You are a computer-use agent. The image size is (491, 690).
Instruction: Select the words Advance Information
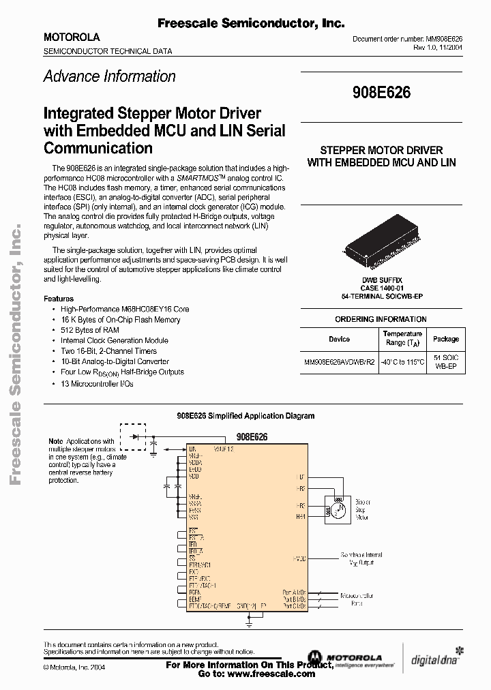(109, 76)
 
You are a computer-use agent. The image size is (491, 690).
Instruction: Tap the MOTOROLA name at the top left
(72, 37)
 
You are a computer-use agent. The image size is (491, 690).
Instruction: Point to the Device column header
(339, 340)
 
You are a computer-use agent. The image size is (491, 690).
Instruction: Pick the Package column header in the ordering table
(446, 340)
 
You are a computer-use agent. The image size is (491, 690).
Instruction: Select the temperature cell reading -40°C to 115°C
(402, 362)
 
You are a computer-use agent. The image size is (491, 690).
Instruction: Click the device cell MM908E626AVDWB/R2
(339, 362)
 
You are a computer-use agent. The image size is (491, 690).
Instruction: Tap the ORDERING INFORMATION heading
(381, 319)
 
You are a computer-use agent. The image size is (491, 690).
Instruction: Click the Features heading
(59, 299)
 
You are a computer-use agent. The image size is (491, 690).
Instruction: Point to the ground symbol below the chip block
(249, 621)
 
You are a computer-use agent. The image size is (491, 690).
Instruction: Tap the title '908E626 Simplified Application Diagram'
(245, 415)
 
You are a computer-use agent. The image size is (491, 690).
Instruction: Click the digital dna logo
(434, 659)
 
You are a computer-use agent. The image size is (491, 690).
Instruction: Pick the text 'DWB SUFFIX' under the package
(382, 280)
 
